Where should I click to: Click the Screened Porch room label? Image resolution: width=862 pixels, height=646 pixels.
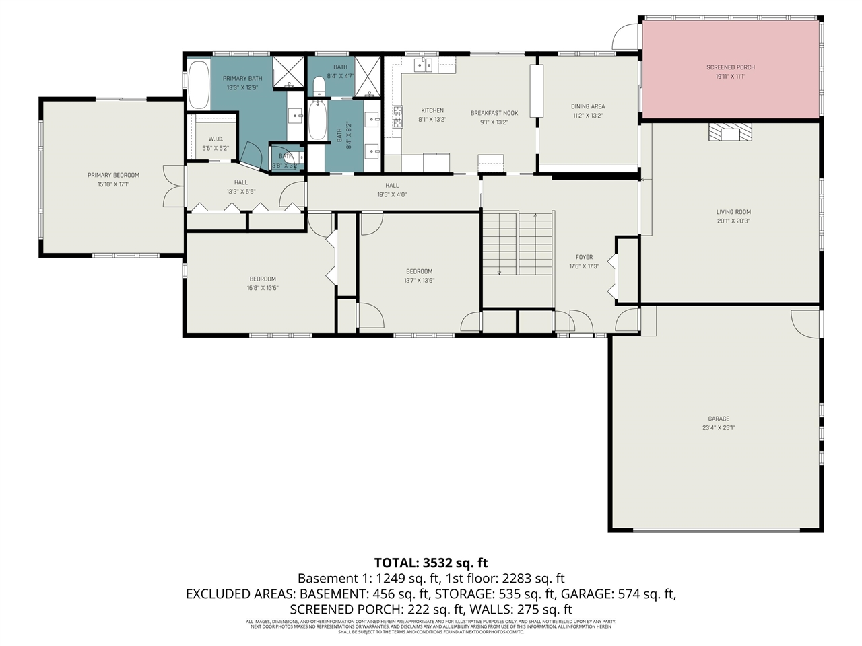(x=730, y=67)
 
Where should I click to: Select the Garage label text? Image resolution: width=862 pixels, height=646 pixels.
(x=718, y=419)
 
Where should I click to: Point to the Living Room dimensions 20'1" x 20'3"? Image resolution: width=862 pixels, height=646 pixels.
(x=733, y=221)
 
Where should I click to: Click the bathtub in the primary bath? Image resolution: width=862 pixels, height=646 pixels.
(x=198, y=85)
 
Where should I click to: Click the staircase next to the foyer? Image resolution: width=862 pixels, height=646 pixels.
(x=517, y=243)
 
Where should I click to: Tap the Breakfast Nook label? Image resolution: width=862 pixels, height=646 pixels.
(x=494, y=113)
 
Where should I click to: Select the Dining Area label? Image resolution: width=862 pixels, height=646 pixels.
(x=587, y=106)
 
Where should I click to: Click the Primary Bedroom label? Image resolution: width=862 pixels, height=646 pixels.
(x=113, y=175)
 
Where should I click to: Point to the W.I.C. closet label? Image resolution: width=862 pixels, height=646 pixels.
(x=215, y=139)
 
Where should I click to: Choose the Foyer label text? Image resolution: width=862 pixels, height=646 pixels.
(x=584, y=257)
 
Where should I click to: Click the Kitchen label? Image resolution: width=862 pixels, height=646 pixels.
(x=432, y=110)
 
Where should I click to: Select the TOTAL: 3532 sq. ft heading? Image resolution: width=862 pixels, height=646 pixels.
(x=431, y=563)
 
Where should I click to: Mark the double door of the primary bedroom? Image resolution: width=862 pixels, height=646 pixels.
(x=173, y=186)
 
